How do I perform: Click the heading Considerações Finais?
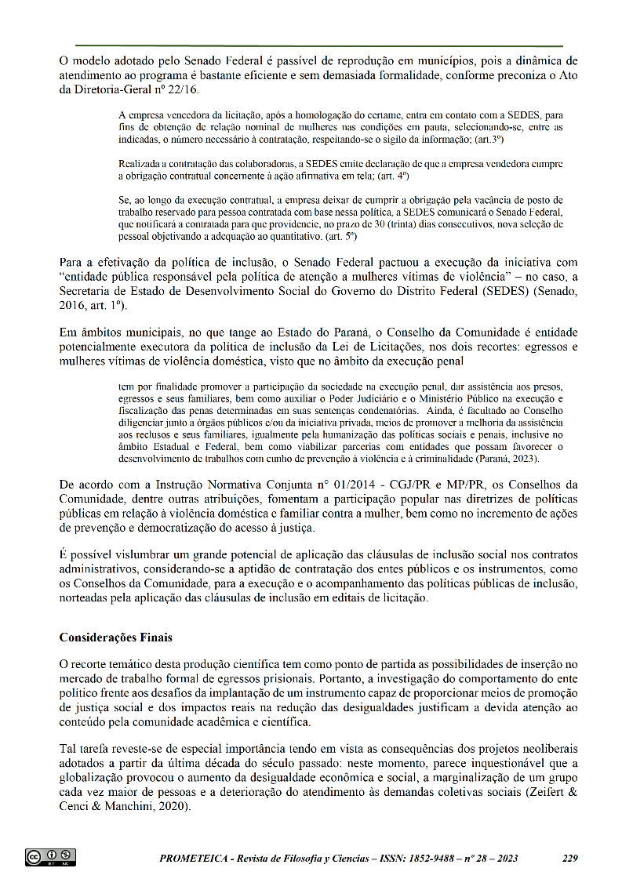coord(115,637)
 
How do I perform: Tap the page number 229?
coord(570,859)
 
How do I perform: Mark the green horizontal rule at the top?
coord(319,45)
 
